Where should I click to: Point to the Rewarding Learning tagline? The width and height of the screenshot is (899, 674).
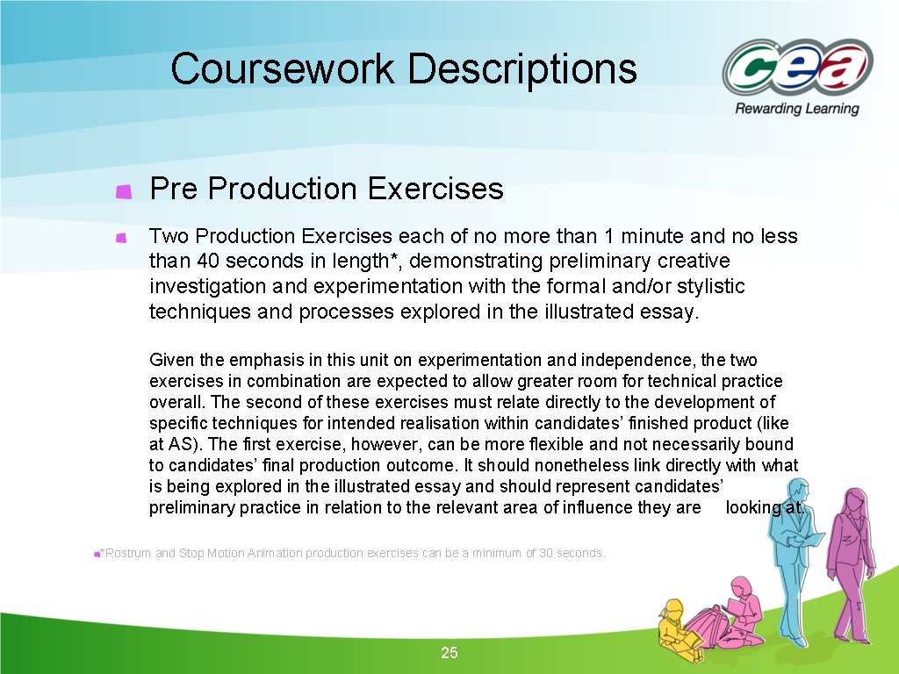[797, 109]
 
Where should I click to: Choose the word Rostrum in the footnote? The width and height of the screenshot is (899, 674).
[127, 553]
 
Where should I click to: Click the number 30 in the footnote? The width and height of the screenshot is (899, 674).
[534, 553]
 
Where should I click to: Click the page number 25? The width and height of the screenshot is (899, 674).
[449, 653]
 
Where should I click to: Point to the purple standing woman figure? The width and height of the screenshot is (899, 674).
[850, 562]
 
